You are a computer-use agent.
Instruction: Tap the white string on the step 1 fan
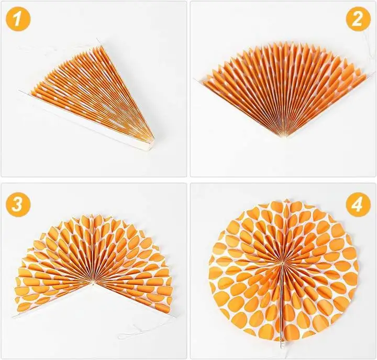37,50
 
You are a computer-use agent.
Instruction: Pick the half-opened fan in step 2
283,89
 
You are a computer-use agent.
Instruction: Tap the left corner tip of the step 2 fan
196,80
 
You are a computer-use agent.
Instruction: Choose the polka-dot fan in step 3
94,262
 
